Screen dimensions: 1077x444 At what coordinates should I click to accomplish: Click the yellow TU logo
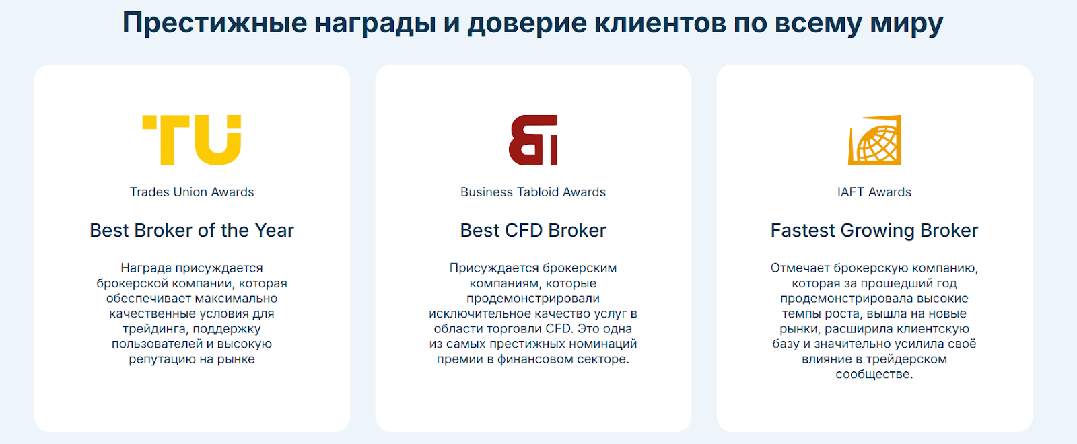(x=191, y=140)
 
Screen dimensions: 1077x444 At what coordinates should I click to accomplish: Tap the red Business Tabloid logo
(x=532, y=140)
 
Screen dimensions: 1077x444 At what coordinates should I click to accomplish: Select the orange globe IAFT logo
(x=874, y=140)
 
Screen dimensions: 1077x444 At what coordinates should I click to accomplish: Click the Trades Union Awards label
(x=192, y=192)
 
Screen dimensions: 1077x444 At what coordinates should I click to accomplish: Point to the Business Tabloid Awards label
(x=532, y=192)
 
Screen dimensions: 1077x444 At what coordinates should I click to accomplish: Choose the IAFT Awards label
(x=874, y=192)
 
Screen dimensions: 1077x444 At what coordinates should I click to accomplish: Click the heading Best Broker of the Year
(x=192, y=231)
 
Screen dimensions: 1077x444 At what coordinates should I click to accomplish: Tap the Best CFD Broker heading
(x=532, y=231)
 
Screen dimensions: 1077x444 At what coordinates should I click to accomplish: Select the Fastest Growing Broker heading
(x=874, y=231)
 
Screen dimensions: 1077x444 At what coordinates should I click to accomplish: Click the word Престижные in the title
(x=215, y=23)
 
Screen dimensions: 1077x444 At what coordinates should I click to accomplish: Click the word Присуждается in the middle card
(x=494, y=268)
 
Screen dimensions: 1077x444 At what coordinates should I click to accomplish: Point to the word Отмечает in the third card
(x=800, y=268)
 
